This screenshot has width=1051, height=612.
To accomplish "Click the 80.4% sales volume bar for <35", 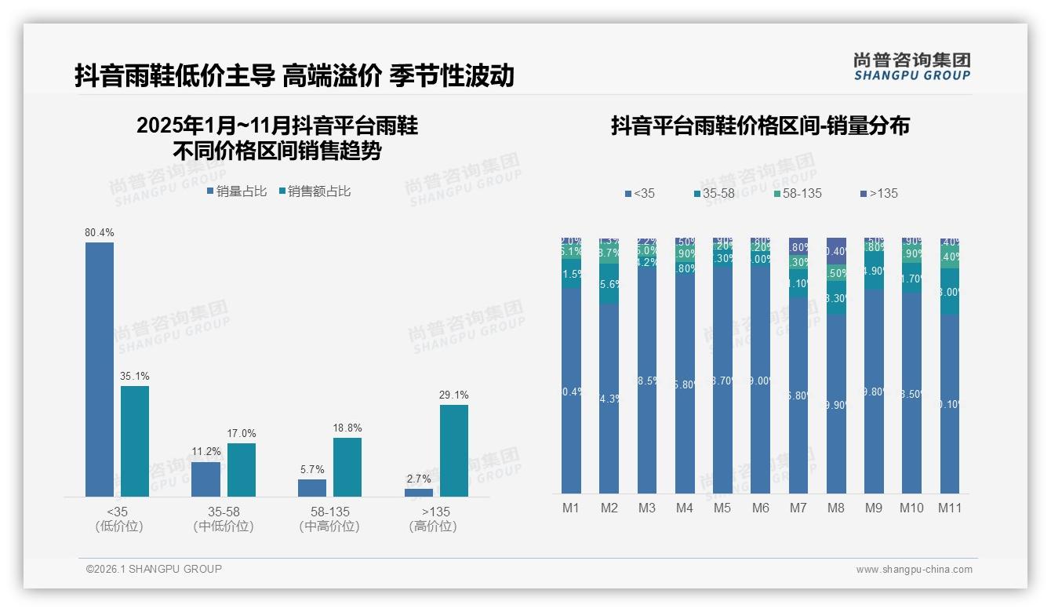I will (x=100, y=369).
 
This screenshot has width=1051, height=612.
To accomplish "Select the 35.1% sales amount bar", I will (x=134, y=441).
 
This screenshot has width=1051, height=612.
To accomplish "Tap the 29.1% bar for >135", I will (x=453, y=450).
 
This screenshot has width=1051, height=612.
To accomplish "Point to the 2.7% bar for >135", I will (x=419, y=493).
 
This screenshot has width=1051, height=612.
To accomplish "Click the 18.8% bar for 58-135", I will (x=347, y=467).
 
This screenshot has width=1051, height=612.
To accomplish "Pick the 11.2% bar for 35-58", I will (x=205, y=479).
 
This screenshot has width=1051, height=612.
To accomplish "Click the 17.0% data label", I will (x=242, y=433).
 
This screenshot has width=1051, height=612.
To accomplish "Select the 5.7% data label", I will (x=311, y=469).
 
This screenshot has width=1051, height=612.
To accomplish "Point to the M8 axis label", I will (x=836, y=508).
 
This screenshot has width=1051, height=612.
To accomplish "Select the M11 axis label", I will (x=950, y=508).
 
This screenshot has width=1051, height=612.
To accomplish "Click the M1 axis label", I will (x=571, y=508).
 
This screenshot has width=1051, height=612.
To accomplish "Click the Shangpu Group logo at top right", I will (x=912, y=66).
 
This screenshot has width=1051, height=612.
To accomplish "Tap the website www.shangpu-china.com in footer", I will (x=914, y=570).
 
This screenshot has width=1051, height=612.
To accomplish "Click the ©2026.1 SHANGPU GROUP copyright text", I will (x=154, y=569).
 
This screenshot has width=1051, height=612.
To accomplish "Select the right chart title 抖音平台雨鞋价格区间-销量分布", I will (x=760, y=126).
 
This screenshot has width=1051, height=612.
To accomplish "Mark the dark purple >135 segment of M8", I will (x=836, y=251).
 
